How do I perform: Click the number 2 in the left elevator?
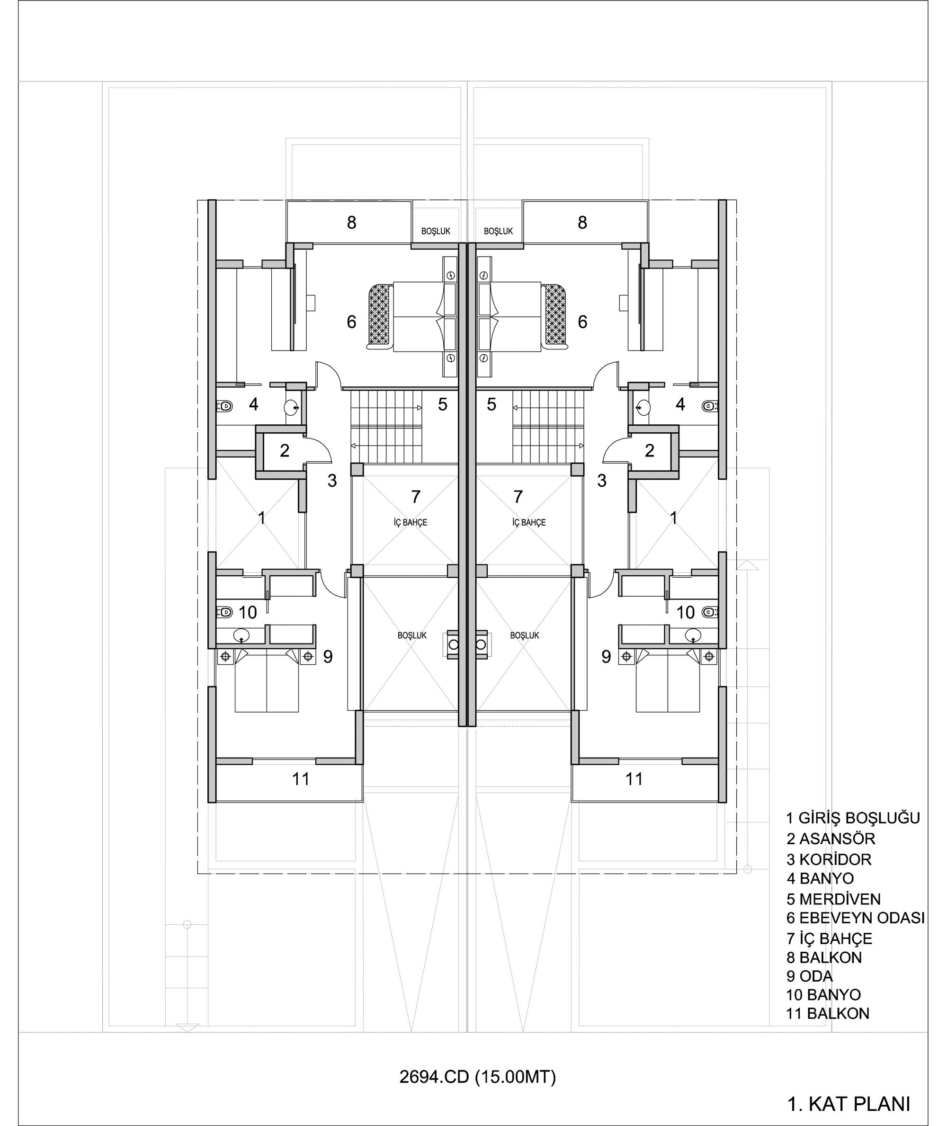[x=285, y=450]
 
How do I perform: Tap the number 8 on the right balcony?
[x=582, y=222]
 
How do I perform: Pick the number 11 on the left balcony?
[x=301, y=779]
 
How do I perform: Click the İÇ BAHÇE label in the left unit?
[x=410, y=522]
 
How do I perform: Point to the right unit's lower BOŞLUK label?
[x=525, y=635]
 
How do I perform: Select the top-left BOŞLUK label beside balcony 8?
[x=436, y=232]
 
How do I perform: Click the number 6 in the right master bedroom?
[x=582, y=322]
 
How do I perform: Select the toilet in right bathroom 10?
[x=710, y=612]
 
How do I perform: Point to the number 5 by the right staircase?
[x=491, y=404]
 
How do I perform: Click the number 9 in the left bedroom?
[x=328, y=656]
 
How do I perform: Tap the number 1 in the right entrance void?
[x=673, y=518]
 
